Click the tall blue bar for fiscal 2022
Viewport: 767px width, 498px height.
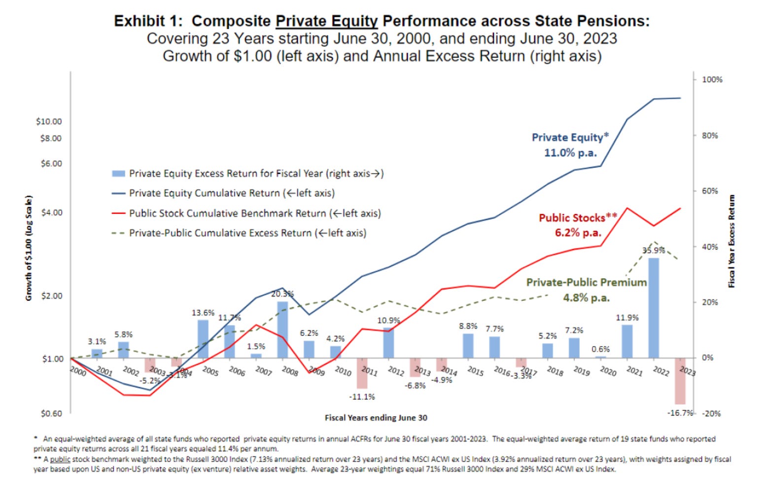point(653,308)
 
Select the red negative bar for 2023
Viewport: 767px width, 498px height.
point(680,381)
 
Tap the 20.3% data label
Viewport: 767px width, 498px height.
point(282,294)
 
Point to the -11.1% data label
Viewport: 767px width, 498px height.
point(362,396)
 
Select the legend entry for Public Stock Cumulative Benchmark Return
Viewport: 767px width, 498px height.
point(254,213)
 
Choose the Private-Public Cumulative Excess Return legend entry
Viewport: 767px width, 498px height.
point(247,233)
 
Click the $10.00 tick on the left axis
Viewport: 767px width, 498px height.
point(49,121)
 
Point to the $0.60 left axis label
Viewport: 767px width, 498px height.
point(51,413)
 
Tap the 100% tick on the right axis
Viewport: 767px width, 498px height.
point(712,79)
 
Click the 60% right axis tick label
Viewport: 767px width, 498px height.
point(710,191)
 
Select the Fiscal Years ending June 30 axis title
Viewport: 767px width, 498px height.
point(376,418)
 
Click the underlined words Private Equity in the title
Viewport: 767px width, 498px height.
point(326,21)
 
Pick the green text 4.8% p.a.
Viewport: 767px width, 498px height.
point(586,298)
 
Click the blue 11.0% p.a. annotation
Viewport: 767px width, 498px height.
point(570,153)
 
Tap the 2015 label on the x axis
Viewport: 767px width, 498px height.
point(475,371)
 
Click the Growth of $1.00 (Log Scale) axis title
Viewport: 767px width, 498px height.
point(29,248)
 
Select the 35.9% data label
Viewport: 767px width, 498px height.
point(653,250)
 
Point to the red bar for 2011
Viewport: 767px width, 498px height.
point(362,373)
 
